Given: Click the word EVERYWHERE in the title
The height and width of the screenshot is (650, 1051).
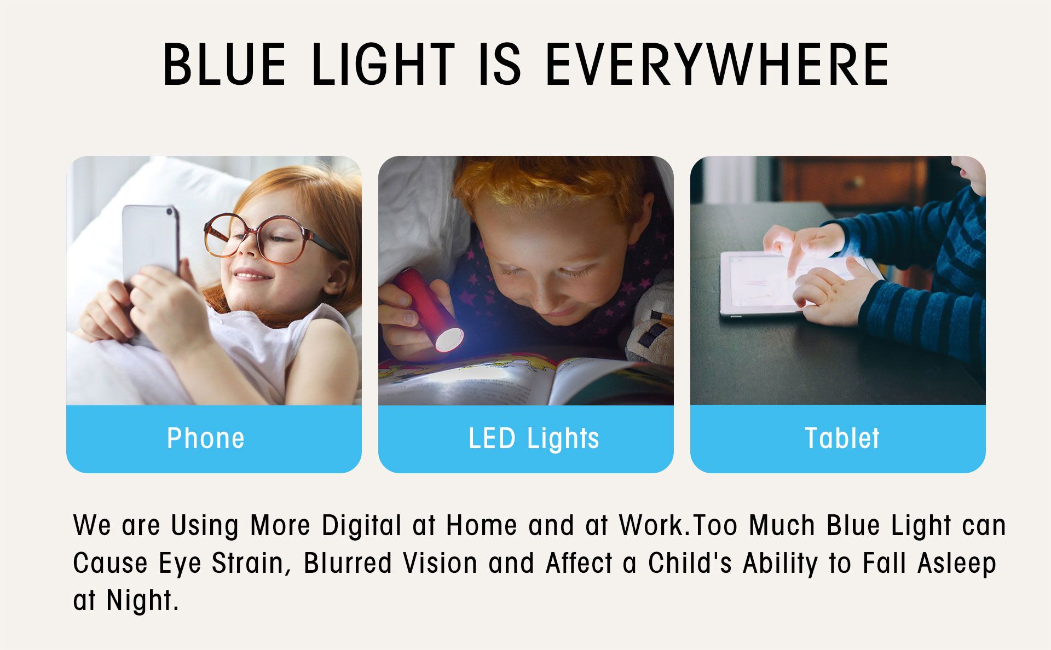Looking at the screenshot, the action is (x=718, y=65).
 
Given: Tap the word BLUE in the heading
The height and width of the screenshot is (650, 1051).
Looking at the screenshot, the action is (x=224, y=65).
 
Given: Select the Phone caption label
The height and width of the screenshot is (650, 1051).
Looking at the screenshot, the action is (x=206, y=438).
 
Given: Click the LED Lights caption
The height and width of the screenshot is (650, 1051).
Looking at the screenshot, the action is (x=534, y=438).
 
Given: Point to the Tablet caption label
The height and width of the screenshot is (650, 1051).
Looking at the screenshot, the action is (x=842, y=438).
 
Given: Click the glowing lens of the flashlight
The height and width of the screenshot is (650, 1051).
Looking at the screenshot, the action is (x=449, y=339).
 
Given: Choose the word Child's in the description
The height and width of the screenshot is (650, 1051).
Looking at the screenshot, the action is (x=690, y=563).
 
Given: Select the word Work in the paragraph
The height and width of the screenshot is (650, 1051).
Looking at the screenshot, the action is (x=652, y=525).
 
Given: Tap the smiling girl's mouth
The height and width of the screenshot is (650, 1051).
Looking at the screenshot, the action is (x=252, y=274).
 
